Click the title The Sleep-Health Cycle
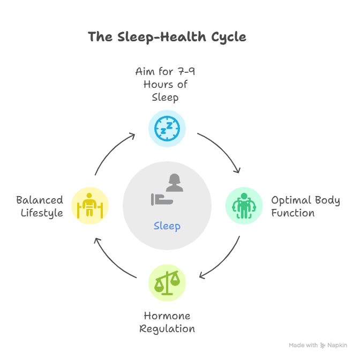[167, 37]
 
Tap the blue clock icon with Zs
[167, 128]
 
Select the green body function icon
[244, 205]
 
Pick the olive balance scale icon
[167, 282]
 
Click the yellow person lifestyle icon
[90, 205]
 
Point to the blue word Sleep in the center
[167, 226]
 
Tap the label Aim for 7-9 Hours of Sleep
[165, 84]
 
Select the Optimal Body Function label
[305, 206]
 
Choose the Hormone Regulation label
[167, 322]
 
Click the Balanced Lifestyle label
[40, 206]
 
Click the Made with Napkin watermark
[318, 346]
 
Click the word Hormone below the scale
[167, 316]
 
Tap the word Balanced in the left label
[40, 200]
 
